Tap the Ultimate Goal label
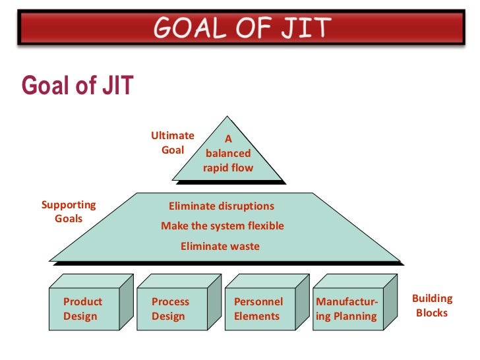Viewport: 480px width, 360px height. click(173, 142)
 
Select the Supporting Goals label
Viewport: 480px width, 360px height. click(69, 211)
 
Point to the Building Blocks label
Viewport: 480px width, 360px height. click(432, 305)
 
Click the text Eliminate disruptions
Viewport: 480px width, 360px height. click(222, 206)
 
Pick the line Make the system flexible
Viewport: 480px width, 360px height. click(222, 226)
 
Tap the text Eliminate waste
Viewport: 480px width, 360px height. click(220, 247)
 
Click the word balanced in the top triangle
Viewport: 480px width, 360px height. click(228, 154)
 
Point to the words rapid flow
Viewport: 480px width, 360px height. click(228, 167)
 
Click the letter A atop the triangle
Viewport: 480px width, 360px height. click(229, 139)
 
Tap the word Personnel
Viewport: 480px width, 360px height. click(258, 301)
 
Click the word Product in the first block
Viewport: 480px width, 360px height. click(82, 301)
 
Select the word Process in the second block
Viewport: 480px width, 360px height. click(170, 301)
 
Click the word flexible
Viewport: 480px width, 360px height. click(266, 226)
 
